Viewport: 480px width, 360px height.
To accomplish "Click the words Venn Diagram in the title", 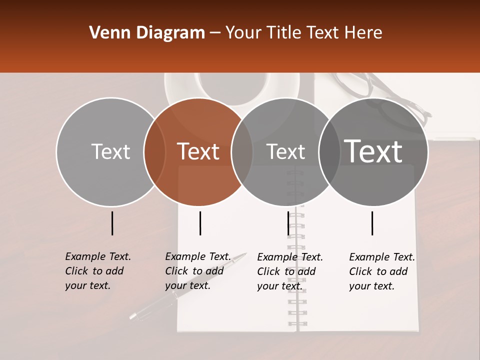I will click(147, 33).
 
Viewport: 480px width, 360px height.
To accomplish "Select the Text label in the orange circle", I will click(198, 151).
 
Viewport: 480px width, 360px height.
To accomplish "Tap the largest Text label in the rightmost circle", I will click(373, 151).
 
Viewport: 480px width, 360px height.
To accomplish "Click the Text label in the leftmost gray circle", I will click(110, 151).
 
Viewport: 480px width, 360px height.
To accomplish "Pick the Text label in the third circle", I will click(285, 151).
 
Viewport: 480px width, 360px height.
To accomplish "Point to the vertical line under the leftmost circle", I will click(112, 223).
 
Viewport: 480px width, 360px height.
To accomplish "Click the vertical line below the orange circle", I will click(200, 223).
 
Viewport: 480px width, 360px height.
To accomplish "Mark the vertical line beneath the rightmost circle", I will click(372, 223).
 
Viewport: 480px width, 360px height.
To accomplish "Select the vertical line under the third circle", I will click(288, 223).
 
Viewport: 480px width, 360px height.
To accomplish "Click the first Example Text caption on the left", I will click(97, 271).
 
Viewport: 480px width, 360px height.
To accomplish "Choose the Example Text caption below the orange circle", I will click(197, 271).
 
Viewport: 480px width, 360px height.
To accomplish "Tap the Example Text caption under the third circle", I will click(289, 271).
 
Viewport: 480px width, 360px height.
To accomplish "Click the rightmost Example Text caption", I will click(381, 271).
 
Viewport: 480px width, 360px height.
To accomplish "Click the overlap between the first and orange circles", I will click(154, 151).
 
